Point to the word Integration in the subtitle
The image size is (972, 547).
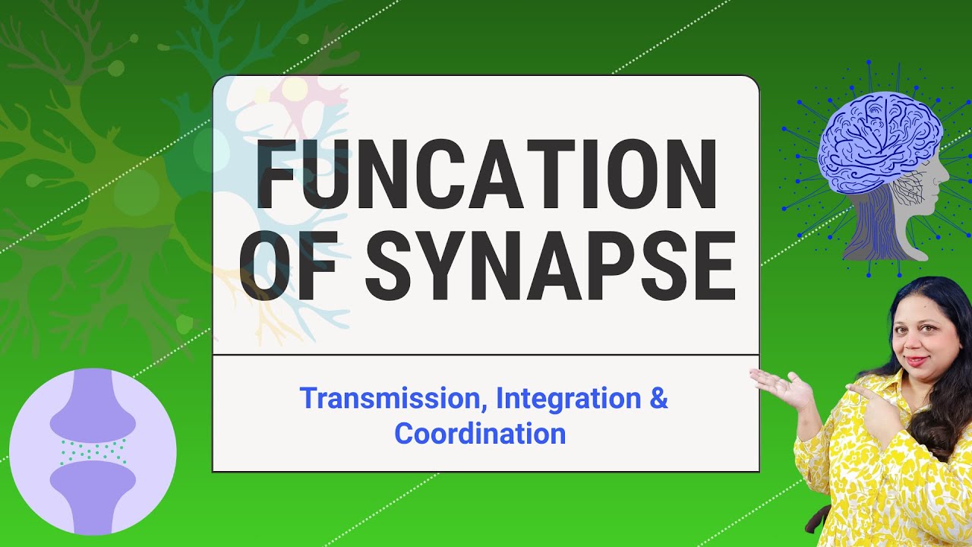point(566,399)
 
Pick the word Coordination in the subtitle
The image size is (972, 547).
point(480,434)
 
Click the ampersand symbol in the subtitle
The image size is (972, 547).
point(658,399)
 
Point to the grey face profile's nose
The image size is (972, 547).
point(946,182)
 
